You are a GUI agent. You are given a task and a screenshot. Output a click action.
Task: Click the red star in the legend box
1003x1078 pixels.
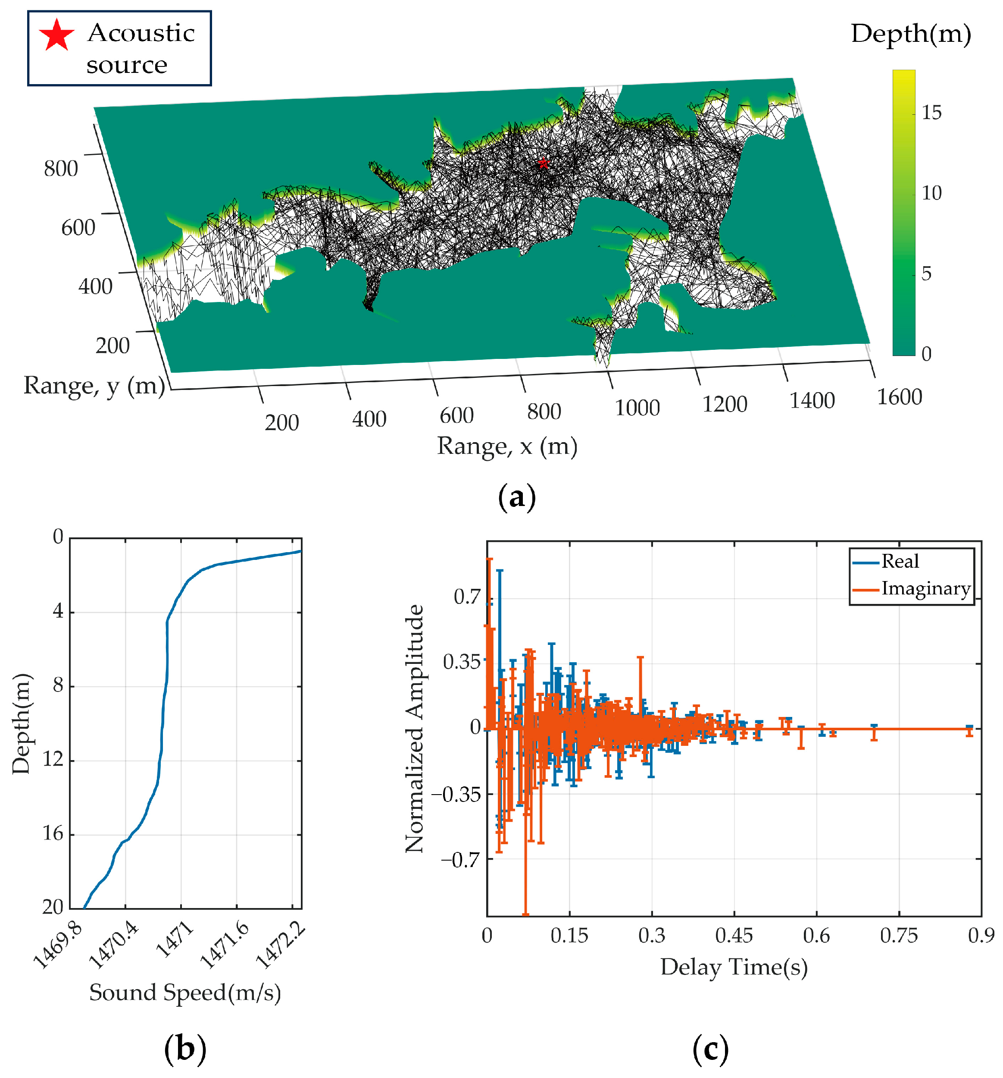click(56, 35)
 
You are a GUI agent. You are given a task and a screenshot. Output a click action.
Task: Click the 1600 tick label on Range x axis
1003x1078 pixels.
click(899, 397)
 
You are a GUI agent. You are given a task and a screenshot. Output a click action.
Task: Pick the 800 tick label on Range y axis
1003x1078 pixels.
click(61, 169)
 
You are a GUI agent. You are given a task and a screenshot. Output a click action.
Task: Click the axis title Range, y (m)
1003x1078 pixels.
click(94, 386)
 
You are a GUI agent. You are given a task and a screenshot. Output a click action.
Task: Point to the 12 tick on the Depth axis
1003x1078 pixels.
click(53, 760)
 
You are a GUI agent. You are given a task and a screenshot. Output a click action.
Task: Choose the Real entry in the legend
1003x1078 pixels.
click(900, 561)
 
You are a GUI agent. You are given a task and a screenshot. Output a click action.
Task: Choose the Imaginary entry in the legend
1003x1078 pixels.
click(925, 588)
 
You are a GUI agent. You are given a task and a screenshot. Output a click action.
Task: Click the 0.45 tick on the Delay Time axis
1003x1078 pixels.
click(734, 935)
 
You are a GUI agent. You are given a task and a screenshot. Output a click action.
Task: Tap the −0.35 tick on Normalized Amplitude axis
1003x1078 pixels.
click(456, 795)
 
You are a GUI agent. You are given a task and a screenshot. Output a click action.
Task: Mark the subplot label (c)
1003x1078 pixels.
click(710, 1049)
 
